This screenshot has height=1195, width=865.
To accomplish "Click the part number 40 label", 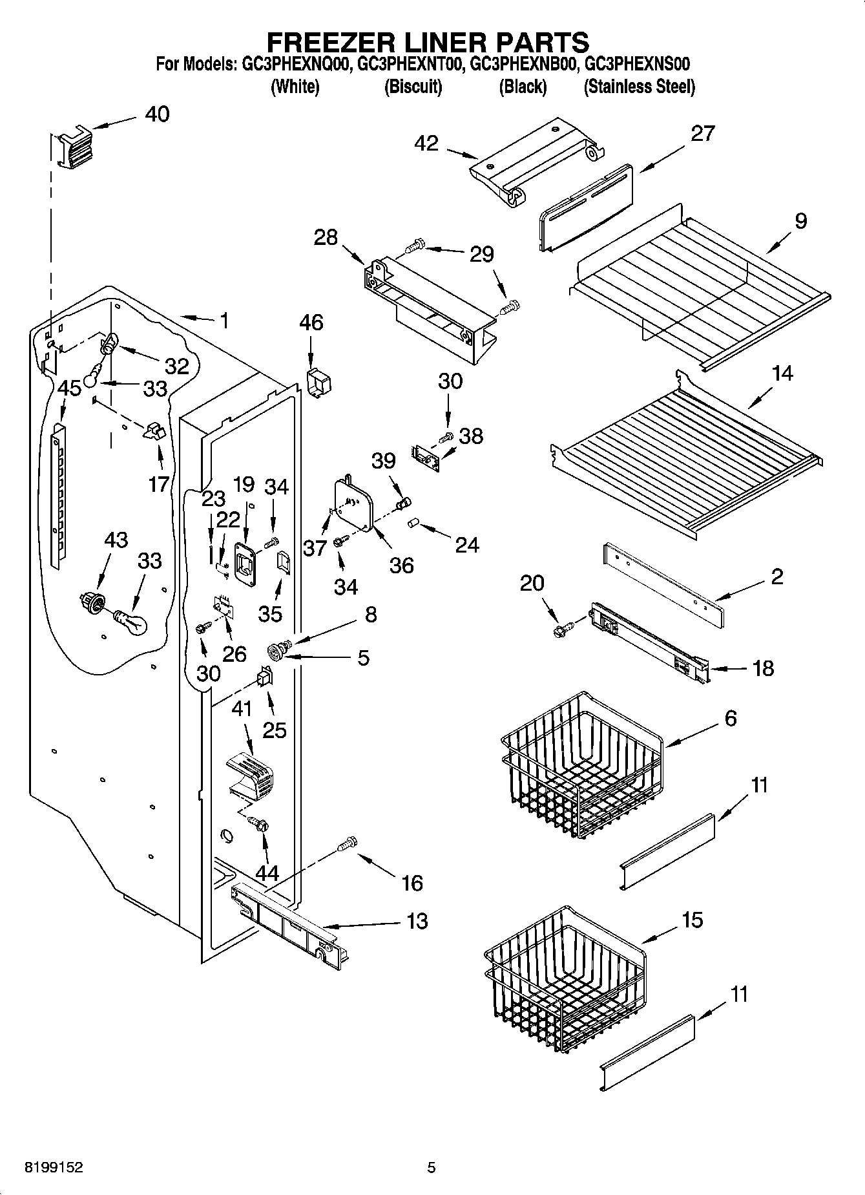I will point(157,114).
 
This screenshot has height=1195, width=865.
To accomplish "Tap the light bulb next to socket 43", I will point(132,622).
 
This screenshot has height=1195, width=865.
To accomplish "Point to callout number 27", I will point(703,133).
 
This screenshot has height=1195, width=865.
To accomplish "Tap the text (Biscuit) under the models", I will point(413,87).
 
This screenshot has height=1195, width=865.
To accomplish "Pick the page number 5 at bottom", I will point(432,1167).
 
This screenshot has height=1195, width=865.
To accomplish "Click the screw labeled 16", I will point(347,844).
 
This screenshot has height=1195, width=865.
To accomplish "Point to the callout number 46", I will point(311,323).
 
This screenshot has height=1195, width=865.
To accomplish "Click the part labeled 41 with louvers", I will point(251,772).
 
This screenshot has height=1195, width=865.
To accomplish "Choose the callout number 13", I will point(417,920).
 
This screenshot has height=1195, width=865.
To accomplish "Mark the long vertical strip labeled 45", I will point(58,494).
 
